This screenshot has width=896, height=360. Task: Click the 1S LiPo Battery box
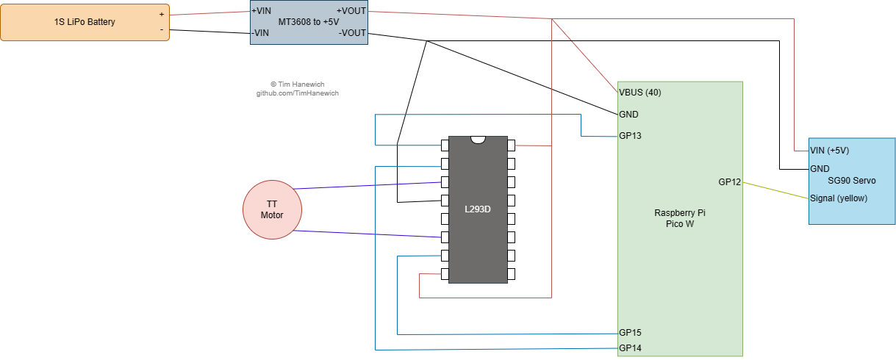coord(85,22)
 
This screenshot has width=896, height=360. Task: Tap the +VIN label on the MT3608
coord(261,11)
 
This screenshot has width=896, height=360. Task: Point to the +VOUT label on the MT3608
coord(350,11)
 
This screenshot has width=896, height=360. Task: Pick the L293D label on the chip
coord(477,209)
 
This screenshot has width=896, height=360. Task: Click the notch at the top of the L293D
coord(478,140)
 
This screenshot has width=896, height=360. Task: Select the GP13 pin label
coord(630,136)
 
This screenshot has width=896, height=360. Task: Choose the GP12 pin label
coord(730,182)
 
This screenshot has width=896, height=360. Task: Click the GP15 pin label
coord(630,333)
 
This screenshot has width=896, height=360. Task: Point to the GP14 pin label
coord(630,348)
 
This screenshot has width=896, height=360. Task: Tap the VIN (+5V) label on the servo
coord(829,151)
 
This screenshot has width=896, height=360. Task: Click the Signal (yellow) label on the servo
coord(838,198)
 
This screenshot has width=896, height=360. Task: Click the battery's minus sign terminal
coord(162,29)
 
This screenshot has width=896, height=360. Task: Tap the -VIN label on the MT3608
coord(260,32)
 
